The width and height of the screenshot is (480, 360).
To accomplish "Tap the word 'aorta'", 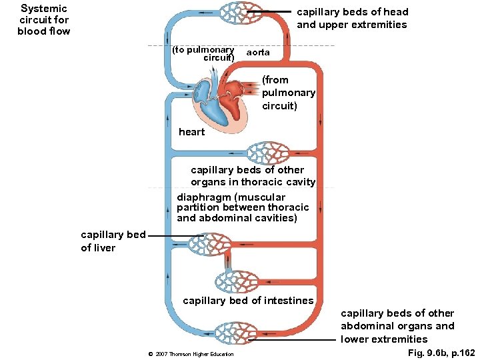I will tap(258, 52).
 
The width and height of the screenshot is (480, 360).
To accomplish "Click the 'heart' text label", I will tap(191, 132).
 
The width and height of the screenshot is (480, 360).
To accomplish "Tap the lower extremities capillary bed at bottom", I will tap(229, 332).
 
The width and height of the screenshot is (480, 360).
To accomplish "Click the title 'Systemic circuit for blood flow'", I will tap(43, 19).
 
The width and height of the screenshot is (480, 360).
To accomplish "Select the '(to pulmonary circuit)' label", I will tap(203, 53).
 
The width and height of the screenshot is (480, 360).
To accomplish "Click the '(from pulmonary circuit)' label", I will tap(288, 93).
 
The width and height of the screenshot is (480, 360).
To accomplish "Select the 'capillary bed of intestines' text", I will tap(248, 301).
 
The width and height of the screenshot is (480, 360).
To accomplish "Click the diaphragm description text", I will tap(243, 207).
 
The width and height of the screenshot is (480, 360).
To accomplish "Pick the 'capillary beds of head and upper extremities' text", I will tap(351, 18).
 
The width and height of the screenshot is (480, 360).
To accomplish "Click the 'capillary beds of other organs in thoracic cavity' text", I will tap(253, 176).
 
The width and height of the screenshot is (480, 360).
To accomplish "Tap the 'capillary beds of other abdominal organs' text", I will tap(397, 326).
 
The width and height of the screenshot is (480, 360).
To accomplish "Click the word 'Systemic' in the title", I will tap(44, 9).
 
